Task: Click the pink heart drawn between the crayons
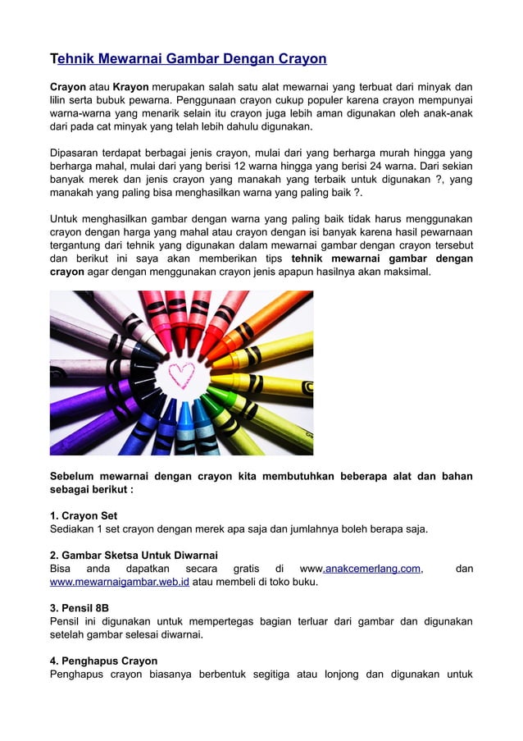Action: (x=180, y=374)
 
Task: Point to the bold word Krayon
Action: (x=131, y=88)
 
